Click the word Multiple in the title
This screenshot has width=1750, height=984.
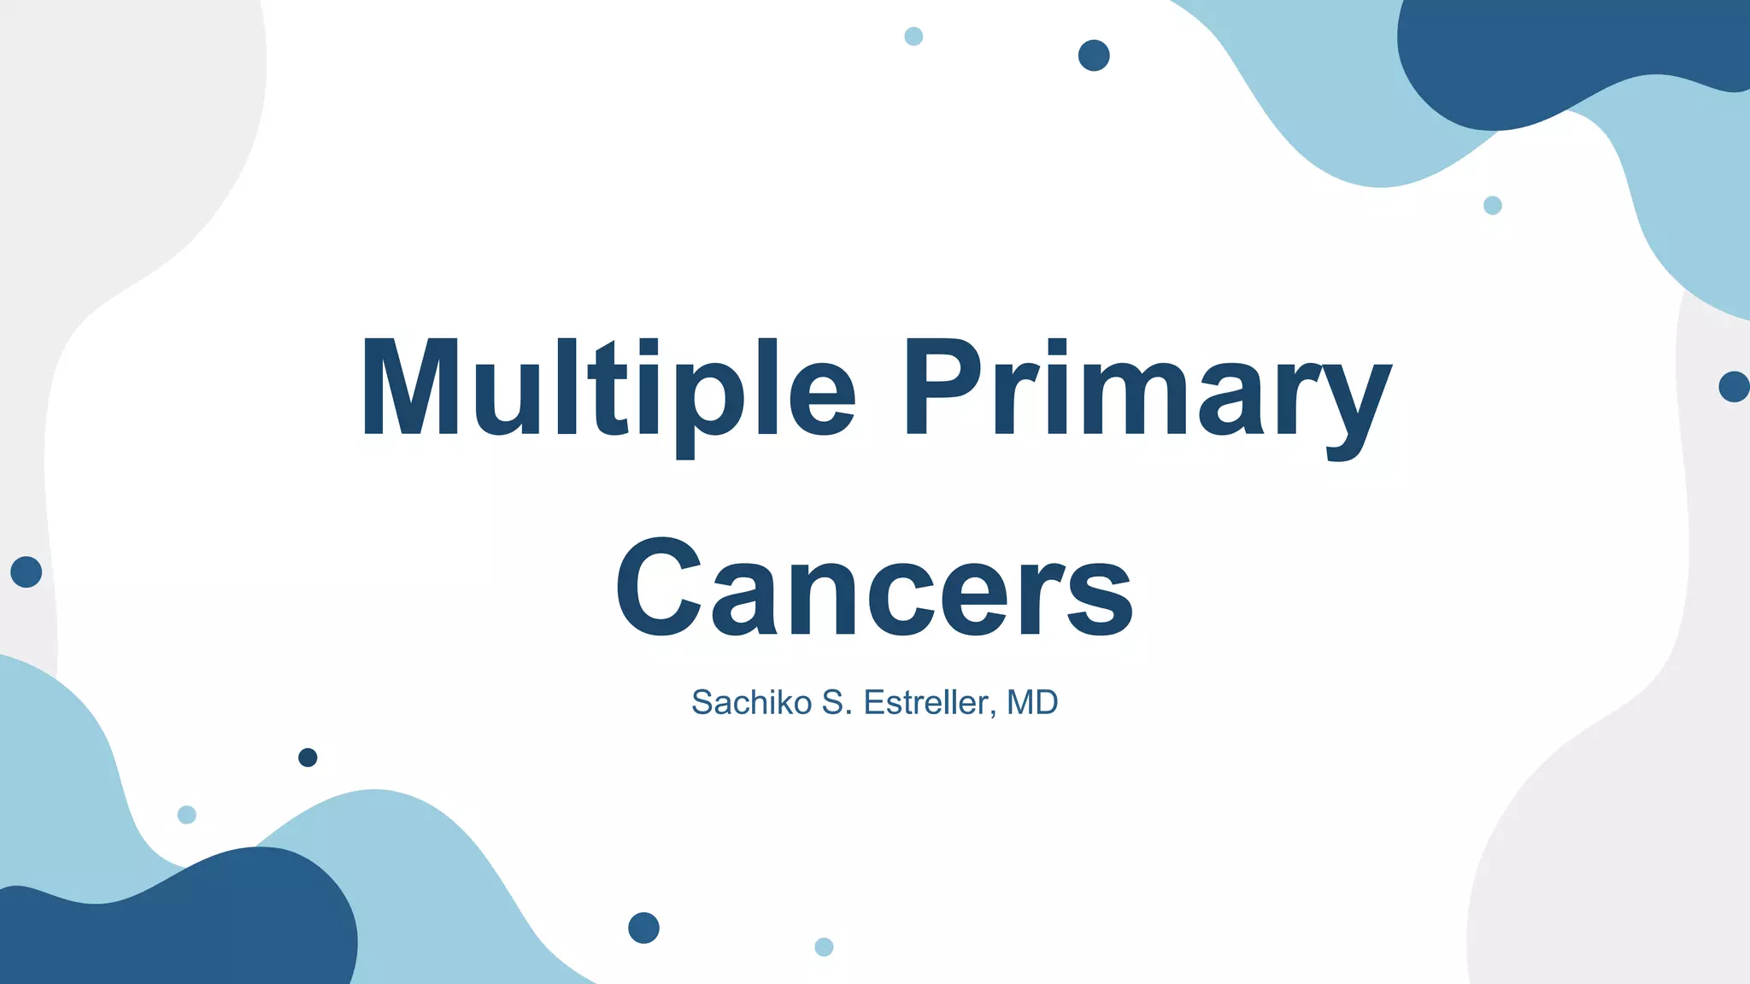(x=607, y=389)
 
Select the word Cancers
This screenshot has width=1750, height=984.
(x=874, y=589)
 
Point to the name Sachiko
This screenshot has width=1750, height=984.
(x=751, y=703)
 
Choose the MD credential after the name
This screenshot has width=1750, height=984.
(x=1032, y=703)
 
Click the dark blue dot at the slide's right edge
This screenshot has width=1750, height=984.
(x=1734, y=387)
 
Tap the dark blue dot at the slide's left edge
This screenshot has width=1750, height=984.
(x=26, y=571)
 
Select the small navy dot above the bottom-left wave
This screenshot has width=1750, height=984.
(x=308, y=758)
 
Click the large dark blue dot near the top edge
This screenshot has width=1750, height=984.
(x=1094, y=56)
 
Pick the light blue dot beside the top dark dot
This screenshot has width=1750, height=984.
(x=913, y=37)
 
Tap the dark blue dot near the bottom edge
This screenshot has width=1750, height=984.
(x=643, y=928)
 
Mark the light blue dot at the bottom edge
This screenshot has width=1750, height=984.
(x=824, y=946)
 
